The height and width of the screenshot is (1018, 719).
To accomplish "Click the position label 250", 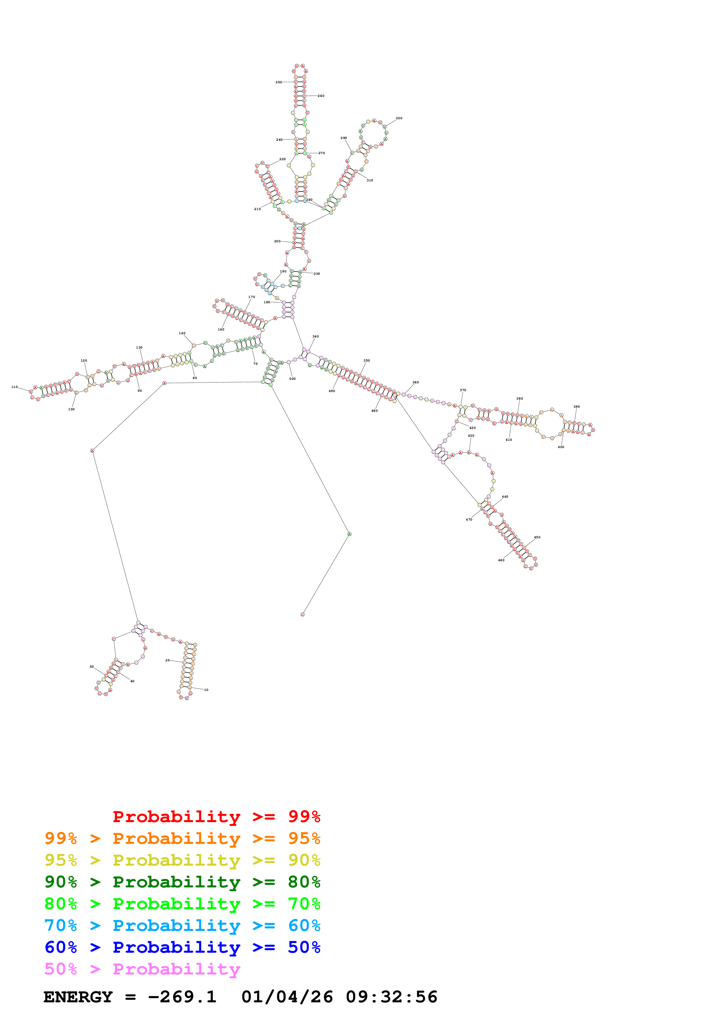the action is pyautogui.click(x=279, y=82).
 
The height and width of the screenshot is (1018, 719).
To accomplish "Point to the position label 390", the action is pyautogui.click(x=576, y=407).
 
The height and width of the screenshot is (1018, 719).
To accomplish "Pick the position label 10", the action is pyautogui.click(x=206, y=690).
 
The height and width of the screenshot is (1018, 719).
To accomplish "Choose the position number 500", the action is pyautogui.click(x=292, y=379).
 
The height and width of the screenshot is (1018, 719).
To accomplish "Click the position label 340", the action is pyautogui.click(x=316, y=337).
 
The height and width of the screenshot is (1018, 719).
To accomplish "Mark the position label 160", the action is pyautogui.click(x=221, y=329).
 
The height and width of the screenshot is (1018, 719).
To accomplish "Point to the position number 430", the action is pyautogui.click(x=471, y=436).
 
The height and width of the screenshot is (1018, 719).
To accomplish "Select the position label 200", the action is pyautogui.click(x=277, y=241).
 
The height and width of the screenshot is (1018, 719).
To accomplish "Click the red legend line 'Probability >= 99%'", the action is pyautogui.click(x=216, y=816).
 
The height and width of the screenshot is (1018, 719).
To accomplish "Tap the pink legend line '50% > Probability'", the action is pyautogui.click(x=142, y=969).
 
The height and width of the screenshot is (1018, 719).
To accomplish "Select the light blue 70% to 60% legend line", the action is pyautogui.click(x=182, y=925).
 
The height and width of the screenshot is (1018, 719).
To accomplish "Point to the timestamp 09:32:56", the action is pyautogui.click(x=392, y=997).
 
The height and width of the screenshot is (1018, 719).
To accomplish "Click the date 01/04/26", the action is pyautogui.click(x=287, y=997).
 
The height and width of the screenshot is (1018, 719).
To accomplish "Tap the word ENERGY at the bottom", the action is pyautogui.click(x=78, y=997).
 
